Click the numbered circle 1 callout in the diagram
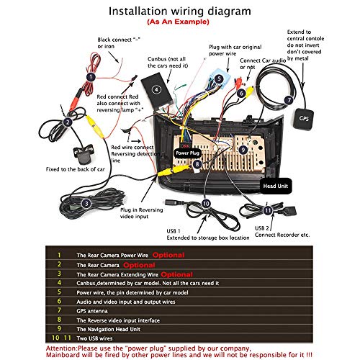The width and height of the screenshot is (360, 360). click(91, 76)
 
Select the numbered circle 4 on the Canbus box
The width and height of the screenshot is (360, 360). click(156, 89)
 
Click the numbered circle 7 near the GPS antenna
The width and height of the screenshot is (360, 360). click(288, 100)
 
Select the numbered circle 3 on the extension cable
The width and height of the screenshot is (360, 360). click(86, 204)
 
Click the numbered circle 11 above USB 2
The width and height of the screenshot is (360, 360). click(267, 211)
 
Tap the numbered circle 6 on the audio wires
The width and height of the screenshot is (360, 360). click(241, 92)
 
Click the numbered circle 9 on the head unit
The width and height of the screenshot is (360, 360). click(243, 149)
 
